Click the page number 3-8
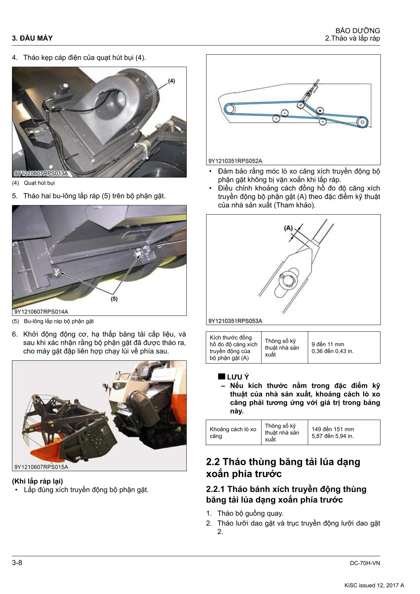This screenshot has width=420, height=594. [17, 563]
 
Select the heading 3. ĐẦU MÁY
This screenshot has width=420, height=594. [32, 38]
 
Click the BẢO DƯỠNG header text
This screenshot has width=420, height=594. [358, 31]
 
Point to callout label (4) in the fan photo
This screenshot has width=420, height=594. [171, 81]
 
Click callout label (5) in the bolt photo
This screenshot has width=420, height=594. [114, 299]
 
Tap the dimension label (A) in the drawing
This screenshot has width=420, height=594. [288, 228]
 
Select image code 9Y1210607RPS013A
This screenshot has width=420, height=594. [41, 173]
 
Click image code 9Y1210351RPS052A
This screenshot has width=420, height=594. [235, 161]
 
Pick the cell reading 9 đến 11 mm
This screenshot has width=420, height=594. [328, 344]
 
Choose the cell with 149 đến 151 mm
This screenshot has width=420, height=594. [333, 429]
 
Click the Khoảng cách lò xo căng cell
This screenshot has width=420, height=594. [233, 432]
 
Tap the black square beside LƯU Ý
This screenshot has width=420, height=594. [221, 377]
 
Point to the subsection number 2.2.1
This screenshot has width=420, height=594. [215, 489]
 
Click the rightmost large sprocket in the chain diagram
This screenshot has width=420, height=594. [362, 122]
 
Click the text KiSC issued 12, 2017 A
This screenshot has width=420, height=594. [374, 585]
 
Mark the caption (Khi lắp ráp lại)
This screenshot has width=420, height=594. [37, 481]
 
